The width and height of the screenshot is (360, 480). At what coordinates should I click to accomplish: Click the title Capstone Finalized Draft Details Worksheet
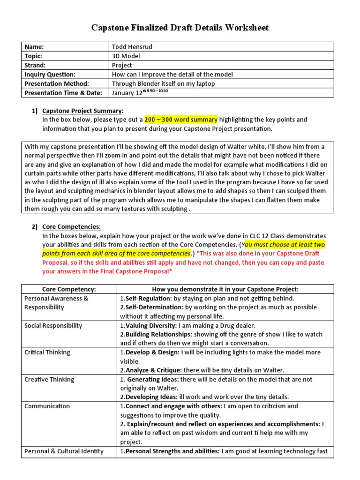[180, 28]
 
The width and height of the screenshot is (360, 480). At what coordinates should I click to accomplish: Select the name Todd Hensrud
[133, 47]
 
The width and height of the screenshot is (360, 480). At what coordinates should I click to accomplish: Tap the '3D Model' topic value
[126, 56]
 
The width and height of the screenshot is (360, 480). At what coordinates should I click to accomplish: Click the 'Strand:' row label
[35, 65]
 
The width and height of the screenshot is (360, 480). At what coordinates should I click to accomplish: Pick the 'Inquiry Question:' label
[50, 75]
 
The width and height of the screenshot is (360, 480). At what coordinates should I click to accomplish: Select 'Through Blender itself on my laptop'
[163, 83]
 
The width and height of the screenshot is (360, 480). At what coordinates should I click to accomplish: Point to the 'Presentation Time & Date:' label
[63, 93]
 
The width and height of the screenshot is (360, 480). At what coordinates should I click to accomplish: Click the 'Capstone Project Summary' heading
[82, 111]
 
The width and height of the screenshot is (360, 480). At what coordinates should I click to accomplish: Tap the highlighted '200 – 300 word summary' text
[180, 120]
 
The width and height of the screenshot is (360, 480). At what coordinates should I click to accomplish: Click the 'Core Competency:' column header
[69, 289]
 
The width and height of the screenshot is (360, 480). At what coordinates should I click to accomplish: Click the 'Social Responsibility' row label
[53, 325]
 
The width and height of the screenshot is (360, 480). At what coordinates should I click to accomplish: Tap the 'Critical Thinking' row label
[47, 352]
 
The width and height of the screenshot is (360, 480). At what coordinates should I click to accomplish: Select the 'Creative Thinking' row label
[49, 380]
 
